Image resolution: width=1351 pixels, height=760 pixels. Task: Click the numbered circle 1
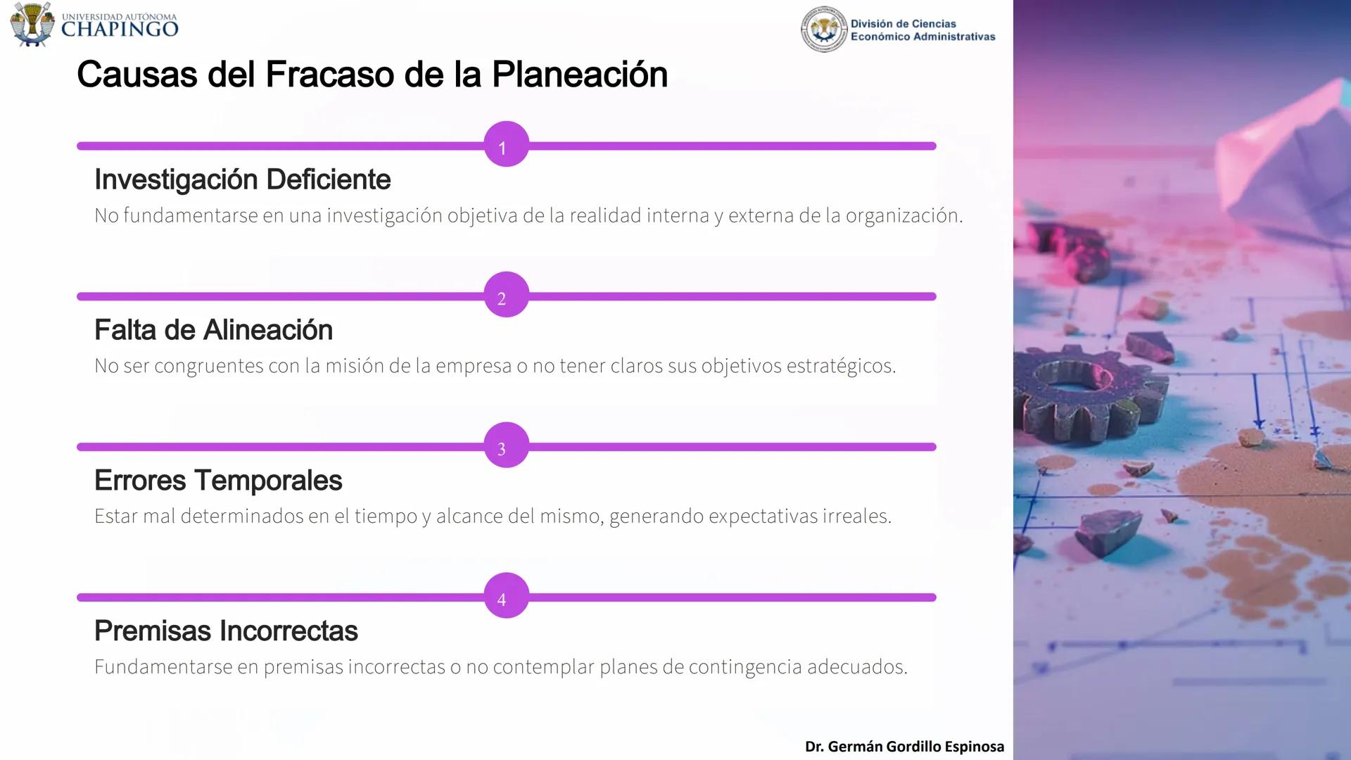pos(506,145)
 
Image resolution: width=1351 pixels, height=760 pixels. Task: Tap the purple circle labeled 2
pos(506,296)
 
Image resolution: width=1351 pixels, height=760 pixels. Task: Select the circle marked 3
pos(506,446)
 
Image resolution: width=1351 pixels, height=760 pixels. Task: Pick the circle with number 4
pos(506,597)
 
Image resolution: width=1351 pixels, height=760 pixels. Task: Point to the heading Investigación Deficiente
pos(242,180)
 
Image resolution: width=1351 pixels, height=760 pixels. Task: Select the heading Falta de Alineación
pos(213,330)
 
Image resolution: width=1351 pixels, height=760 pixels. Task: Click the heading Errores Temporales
pos(218,481)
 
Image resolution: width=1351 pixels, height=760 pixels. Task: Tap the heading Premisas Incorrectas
pos(226,631)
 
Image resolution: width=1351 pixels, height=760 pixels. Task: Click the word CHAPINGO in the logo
pos(120,29)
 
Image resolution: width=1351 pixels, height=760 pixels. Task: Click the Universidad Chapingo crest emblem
pos(32,25)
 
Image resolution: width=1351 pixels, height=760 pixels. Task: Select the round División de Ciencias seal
pos(823,30)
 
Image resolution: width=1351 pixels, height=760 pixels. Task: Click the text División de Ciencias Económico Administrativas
pos(922,30)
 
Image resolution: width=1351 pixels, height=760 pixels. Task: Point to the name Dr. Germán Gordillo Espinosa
pos(904,747)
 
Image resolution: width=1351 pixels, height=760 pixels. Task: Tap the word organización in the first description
pos(903,216)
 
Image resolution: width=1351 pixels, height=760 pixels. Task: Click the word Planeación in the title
pos(579,75)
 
